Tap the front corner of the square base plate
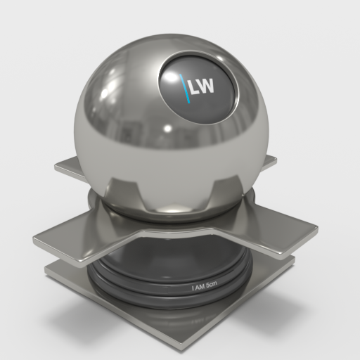[x=183, y=346]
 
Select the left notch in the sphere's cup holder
[x=124, y=188]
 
